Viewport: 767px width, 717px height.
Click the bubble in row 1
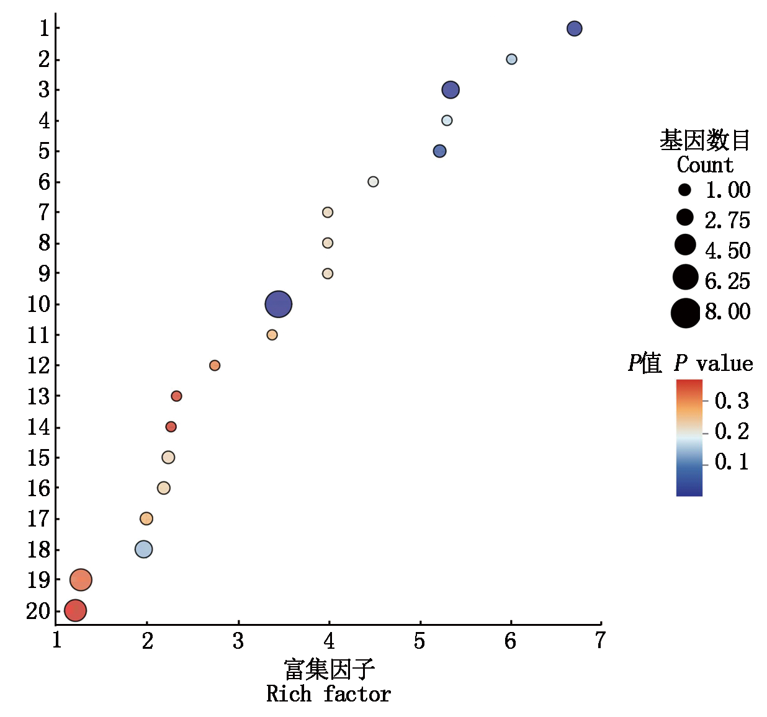[x=574, y=29]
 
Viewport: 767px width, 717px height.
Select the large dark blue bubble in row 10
[x=278, y=304]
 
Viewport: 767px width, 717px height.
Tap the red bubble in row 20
[x=75, y=610]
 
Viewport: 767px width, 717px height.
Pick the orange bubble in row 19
[x=81, y=580]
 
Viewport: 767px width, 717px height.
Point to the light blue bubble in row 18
[x=143, y=549]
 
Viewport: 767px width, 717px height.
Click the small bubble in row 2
[x=511, y=59]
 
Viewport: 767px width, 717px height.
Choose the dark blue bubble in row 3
[x=451, y=90]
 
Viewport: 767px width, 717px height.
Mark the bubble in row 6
[x=373, y=182]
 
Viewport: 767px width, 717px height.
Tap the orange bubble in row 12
[x=215, y=365]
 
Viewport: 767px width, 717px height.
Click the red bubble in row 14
[x=171, y=427]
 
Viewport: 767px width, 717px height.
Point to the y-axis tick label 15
[x=38, y=458]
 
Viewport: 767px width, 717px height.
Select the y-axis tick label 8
[x=44, y=243]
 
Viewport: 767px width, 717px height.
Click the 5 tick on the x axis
[x=419, y=641]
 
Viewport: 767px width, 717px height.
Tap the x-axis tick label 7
[x=600, y=641]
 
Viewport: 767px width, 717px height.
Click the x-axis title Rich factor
[x=328, y=694]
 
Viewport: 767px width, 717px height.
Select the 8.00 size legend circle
[x=685, y=313]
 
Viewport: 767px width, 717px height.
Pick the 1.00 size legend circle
[x=684, y=190]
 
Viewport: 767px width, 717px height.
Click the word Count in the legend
[x=705, y=165]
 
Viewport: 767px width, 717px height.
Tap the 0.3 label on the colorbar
[x=732, y=401]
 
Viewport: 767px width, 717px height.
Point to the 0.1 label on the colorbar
[x=732, y=462]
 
